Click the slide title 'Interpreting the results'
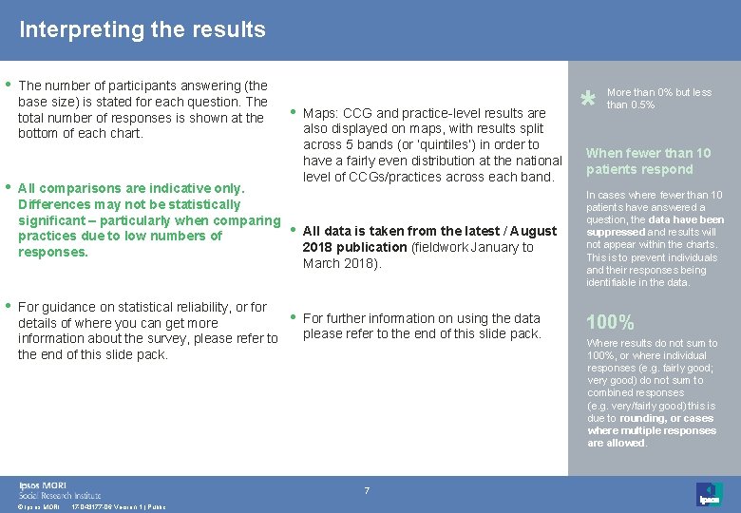tap(142, 29)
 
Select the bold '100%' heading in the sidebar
tap(610, 322)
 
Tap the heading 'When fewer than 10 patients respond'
tap(648, 161)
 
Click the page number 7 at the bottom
tap(366, 490)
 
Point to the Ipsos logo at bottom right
tap(709, 494)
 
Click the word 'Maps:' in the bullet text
tap(320, 113)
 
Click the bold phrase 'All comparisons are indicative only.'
tap(131, 188)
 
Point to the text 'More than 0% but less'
tap(658, 92)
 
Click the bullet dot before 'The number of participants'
tap(9, 84)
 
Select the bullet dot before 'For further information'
tap(292, 316)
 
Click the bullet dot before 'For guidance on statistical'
tap(9, 305)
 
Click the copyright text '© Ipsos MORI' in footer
tap(39, 507)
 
